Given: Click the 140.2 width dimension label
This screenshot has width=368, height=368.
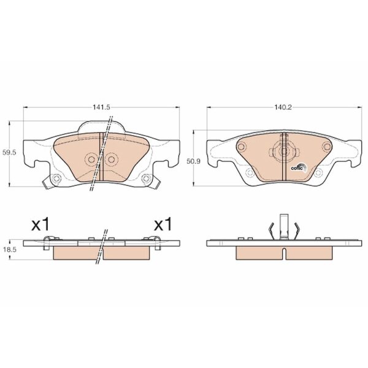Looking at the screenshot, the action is [x=283, y=107].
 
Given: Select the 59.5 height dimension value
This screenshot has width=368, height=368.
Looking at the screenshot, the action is [x=9, y=153].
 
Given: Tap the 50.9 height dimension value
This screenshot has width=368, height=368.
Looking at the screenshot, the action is [x=194, y=161].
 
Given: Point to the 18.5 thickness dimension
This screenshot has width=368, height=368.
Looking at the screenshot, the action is [x=9, y=250].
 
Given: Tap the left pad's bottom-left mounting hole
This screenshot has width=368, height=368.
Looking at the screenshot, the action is [x=56, y=178].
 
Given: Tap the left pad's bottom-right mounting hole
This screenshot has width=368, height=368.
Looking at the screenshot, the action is [x=146, y=178].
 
